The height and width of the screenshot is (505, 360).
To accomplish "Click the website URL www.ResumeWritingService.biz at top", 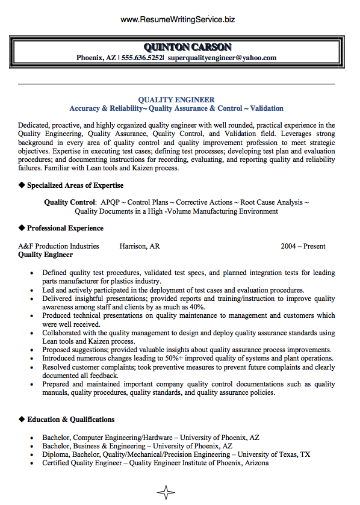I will (178, 19).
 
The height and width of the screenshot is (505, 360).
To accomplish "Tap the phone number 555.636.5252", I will (142, 58).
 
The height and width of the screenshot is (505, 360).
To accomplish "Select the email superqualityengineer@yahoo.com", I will (222, 58).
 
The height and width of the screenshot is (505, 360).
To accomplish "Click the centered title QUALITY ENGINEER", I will (176, 99).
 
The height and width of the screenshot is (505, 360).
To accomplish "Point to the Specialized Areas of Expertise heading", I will (75, 185).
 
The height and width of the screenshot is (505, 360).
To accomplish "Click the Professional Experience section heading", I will (65, 228).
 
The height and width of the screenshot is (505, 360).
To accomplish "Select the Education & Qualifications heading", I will (70, 419).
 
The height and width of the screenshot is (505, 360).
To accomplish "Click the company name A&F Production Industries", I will (58, 246).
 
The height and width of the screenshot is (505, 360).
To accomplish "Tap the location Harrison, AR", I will (140, 246).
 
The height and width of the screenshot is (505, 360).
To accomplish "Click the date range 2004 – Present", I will (303, 246).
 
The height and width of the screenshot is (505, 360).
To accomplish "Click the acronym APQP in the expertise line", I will (111, 203).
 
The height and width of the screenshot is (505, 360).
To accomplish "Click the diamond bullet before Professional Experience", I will (22, 228).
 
